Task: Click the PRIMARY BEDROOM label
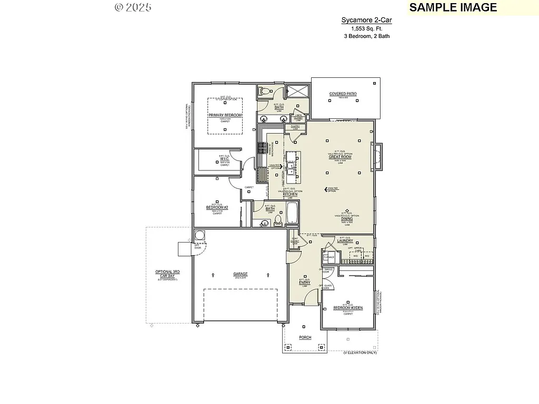pyautogui.click(x=225, y=115)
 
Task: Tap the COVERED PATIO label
pyautogui.click(x=343, y=94)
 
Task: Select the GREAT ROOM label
pyautogui.click(x=340, y=157)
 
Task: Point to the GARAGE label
pyautogui.click(x=241, y=274)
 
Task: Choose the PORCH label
pyautogui.click(x=305, y=337)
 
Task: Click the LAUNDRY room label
pyautogui.click(x=345, y=241)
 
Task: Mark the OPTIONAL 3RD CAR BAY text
pyautogui.click(x=167, y=274)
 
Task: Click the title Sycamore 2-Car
pyautogui.click(x=366, y=21)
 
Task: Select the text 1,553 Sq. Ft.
pyautogui.click(x=366, y=28)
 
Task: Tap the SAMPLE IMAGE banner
pyautogui.click(x=453, y=7)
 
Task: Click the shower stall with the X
pyautogui.click(x=297, y=91)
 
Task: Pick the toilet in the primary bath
pyautogui.click(x=264, y=90)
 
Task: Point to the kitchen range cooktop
pyautogui.click(x=261, y=149)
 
